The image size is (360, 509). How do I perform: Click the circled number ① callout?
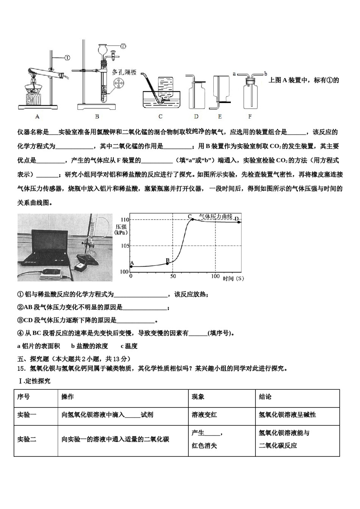coord(67,58)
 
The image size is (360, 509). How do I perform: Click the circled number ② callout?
coord(123,46)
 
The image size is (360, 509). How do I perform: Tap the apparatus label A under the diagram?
coord(37,117)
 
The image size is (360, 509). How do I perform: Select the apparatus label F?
coord(250,117)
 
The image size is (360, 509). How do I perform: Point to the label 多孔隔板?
coord(124,72)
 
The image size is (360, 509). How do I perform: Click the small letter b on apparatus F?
coord(266,73)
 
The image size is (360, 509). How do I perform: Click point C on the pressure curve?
coord(193,219)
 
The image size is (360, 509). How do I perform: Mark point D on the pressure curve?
coord(239,222)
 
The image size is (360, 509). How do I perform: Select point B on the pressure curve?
coord(167,263)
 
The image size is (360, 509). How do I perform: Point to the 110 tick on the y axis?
coord(125,220)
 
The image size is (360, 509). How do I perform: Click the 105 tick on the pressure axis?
coord(125,246)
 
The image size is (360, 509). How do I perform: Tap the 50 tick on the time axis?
coord(173,276)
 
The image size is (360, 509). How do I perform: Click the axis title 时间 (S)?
coord(233,278)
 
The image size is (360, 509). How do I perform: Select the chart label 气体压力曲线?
coord(216,216)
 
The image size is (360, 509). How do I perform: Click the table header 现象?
coord(198,397)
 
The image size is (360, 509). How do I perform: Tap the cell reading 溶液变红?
coord(205,415)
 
